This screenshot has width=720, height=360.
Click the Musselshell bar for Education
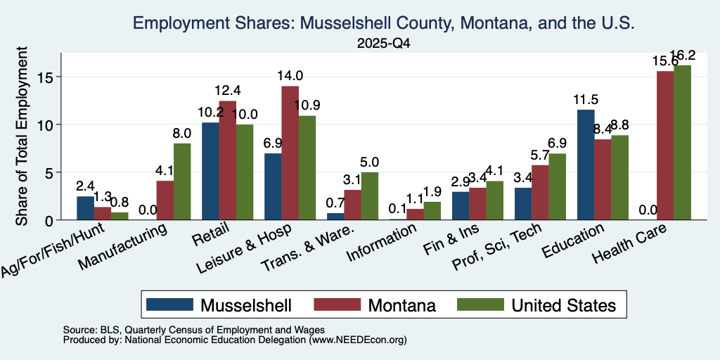pyautogui.click(x=586, y=165)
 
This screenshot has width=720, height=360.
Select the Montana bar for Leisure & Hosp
pyautogui.click(x=290, y=153)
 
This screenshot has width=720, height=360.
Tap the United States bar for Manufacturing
pyautogui.click(x=182, y=182)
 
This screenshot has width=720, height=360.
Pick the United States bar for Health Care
pyautogui.click(x=682, y=143)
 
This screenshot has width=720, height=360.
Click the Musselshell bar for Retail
pyautogui.click(x=210, y=172)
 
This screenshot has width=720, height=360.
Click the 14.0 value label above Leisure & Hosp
pyautogui.click(x=289, y=76)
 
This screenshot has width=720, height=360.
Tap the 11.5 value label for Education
pyautogui.click(x=586, y=100)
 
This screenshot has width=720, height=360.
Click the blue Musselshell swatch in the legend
pyautogui.click(x=169, y=304)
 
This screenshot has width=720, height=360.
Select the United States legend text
pyautogui.click(x=563, y=305)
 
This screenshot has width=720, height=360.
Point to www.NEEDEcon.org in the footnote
pyautogui.click(x=358, y=340)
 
